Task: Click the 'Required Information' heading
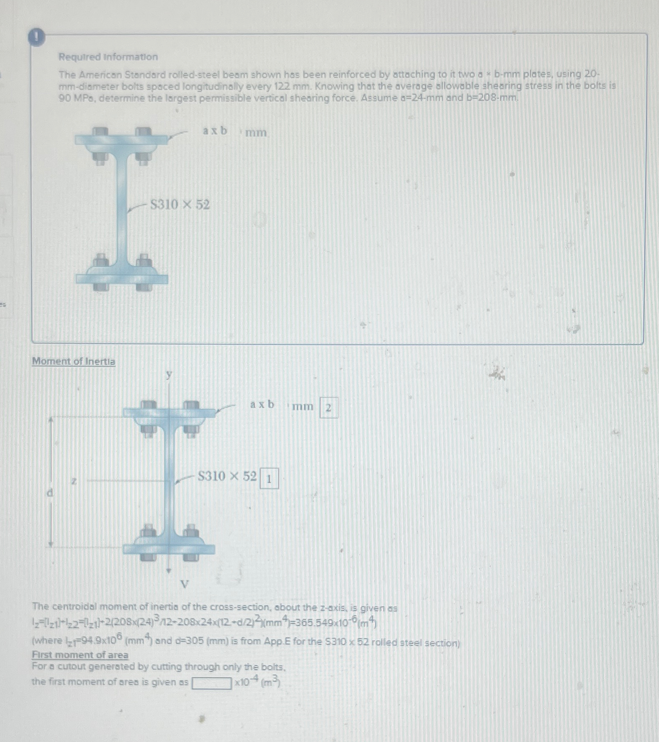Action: [108, 57]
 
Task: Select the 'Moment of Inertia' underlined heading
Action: [73, 361]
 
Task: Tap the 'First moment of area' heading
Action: [80, 655]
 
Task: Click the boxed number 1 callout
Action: [269, 479]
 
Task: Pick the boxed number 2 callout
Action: [328, 408]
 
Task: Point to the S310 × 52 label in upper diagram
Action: [180, 205]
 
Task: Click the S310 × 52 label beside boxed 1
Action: [227, 476]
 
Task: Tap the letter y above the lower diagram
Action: [169, 374]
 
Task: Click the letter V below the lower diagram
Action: [184, 584]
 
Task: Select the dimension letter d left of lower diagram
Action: [50, 493]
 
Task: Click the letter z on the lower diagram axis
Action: [74, 481]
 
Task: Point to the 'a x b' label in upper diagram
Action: [215, 131]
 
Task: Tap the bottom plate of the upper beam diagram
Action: [122, 278]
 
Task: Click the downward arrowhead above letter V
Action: [169, 570]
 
